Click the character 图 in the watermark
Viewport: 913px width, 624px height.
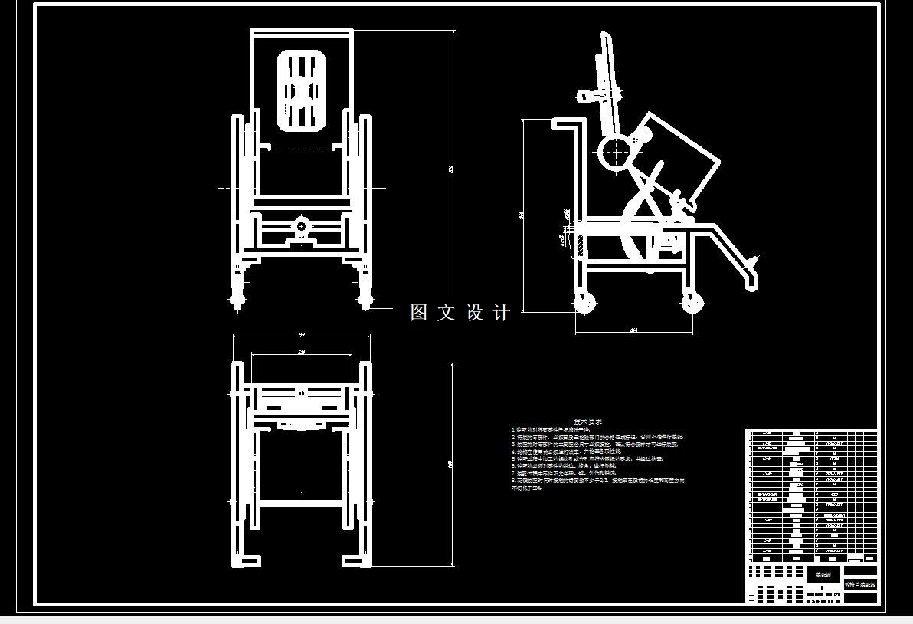tap(419, 312)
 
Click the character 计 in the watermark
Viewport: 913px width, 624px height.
tap(502, 312)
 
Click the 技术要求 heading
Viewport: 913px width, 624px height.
tap(588, 422)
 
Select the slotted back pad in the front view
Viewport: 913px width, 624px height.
tap(302, 90)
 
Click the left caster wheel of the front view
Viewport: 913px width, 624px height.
tap(237, 296)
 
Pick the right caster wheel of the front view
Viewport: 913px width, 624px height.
tap(365, 296)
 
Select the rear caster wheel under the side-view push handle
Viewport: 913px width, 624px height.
tap(586, 302)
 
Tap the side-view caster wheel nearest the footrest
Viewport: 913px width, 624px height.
tap(693, 302)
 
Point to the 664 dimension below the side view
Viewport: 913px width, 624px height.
tap(634, 330)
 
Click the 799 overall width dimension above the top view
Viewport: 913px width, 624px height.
tap(301, 335)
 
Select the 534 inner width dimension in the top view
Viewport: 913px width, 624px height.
tap(301, 353)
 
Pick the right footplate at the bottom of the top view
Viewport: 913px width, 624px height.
tap(355, 559)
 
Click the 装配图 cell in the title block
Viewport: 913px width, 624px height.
tap(823, 574)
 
